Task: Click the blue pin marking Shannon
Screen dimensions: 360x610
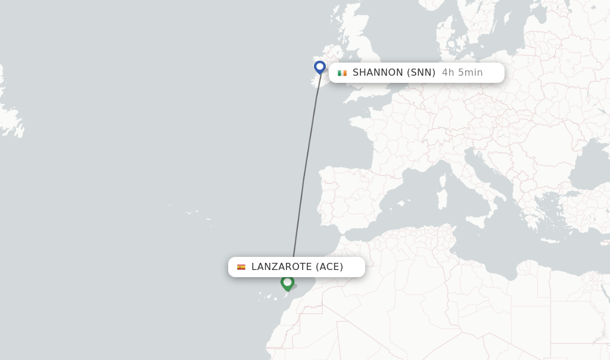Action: (x=320, y=66)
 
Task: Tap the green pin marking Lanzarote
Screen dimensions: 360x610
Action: (x=287, y=282)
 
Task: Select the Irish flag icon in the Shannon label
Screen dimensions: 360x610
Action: (x=342, y=73)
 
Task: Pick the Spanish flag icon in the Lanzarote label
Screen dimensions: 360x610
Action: (x=241, y=267)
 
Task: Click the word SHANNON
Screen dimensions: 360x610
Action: (x=378, y=73)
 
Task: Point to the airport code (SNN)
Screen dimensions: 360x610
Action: (x=421, y=73)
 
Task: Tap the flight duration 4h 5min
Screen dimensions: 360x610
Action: (x=462, y=73)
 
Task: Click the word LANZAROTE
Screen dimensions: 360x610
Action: (x=282, y=267)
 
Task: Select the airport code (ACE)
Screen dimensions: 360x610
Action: (x=329, y=267)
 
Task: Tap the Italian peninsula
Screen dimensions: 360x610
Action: (x=477, y=179)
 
